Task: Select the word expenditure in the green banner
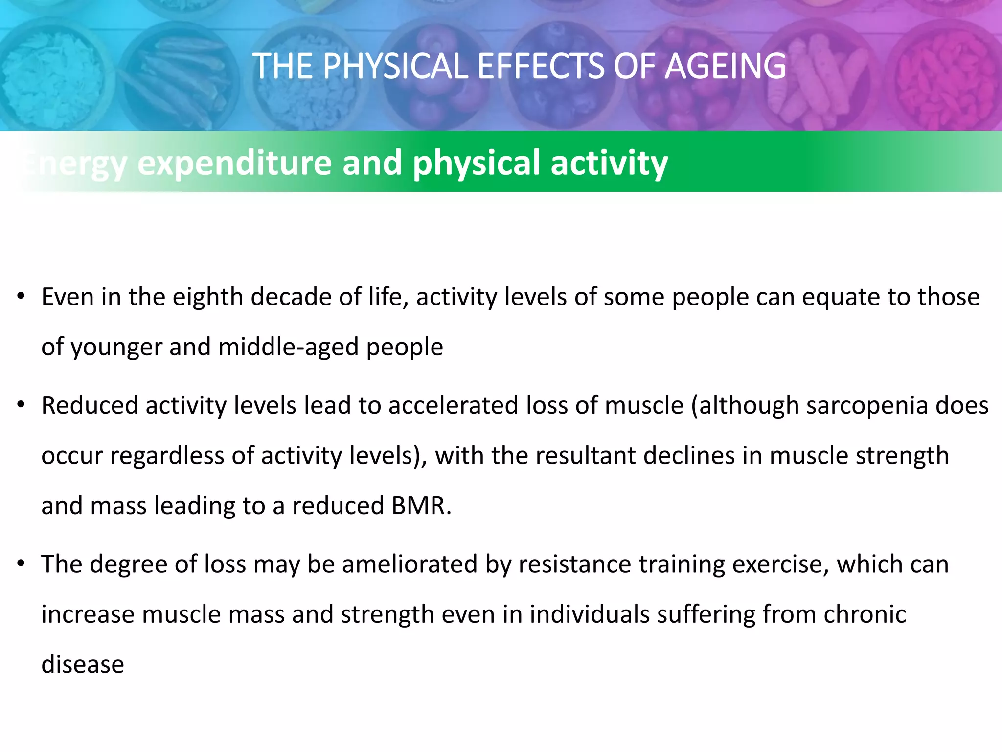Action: pyautogui.click(x=235, y=163)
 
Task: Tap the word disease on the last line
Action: pyautogui.click(x=83, y=665)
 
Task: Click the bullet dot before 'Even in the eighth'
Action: pyautogui.click(x=21, y=297)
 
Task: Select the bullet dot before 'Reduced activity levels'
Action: pyautogui.click(x=21, y=406)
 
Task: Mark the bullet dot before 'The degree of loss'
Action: pyautogui.click(x=21, y=564)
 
